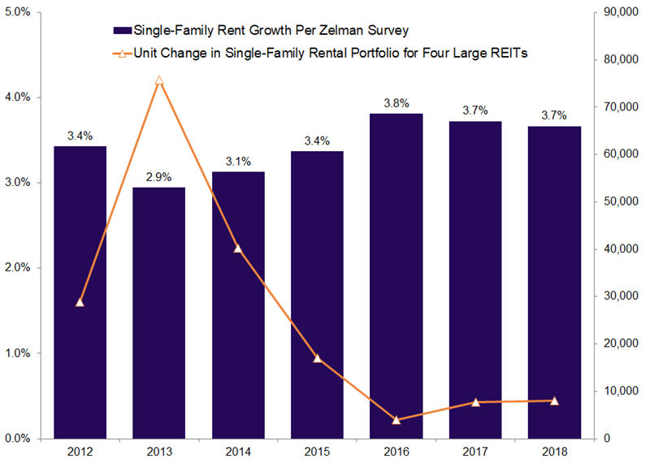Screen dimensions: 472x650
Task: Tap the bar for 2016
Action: point(396,276)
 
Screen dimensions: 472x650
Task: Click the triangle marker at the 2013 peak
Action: point(158,80)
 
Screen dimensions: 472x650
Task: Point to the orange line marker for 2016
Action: point(396,420)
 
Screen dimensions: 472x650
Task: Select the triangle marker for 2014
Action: point(237,248)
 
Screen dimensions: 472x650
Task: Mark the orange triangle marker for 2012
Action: point(79,302)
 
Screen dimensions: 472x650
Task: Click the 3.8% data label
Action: point(396,103)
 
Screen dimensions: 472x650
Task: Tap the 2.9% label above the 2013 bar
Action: point(158,176)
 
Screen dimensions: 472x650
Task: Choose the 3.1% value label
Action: point(237,161)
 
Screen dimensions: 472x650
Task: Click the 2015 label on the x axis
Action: point(317,453)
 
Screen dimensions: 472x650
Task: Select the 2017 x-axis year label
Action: point(475,453)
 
